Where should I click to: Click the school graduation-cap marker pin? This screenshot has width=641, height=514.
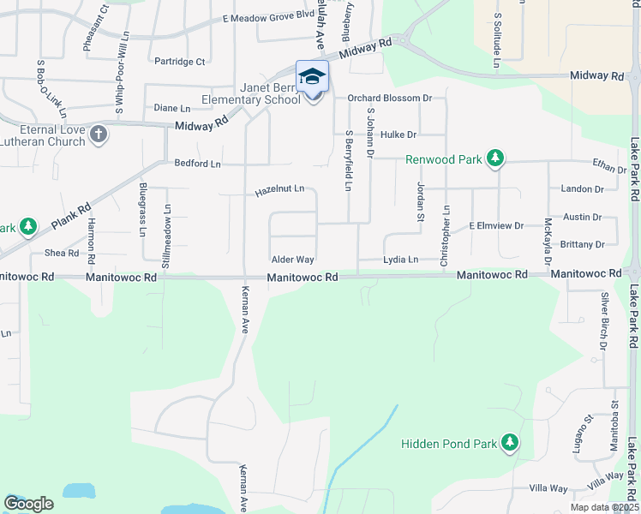(312, 77)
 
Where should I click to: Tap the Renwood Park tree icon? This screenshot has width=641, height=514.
(494, 158)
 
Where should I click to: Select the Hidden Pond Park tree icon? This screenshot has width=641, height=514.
(510, 442)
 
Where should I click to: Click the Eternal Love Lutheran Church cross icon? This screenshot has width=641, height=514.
(99, 134)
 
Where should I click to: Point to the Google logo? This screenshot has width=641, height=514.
(28, 504)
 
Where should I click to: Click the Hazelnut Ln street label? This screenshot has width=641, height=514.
(279, 192)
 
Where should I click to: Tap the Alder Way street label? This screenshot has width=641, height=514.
(293, 259)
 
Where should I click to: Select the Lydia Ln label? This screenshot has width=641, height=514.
(401, 259)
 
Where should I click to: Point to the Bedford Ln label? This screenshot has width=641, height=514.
(197, 163)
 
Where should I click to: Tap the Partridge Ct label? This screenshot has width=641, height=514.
(180, 61)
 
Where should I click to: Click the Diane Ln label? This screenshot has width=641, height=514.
(172, 108)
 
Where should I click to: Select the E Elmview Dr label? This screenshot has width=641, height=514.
(495, 225)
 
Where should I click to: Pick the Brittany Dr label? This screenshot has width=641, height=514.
(582, 244)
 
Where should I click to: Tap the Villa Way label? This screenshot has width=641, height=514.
(548, 488)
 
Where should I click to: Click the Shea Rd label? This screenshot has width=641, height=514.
(61, 253)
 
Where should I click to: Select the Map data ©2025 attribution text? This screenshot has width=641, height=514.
(604, 507)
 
